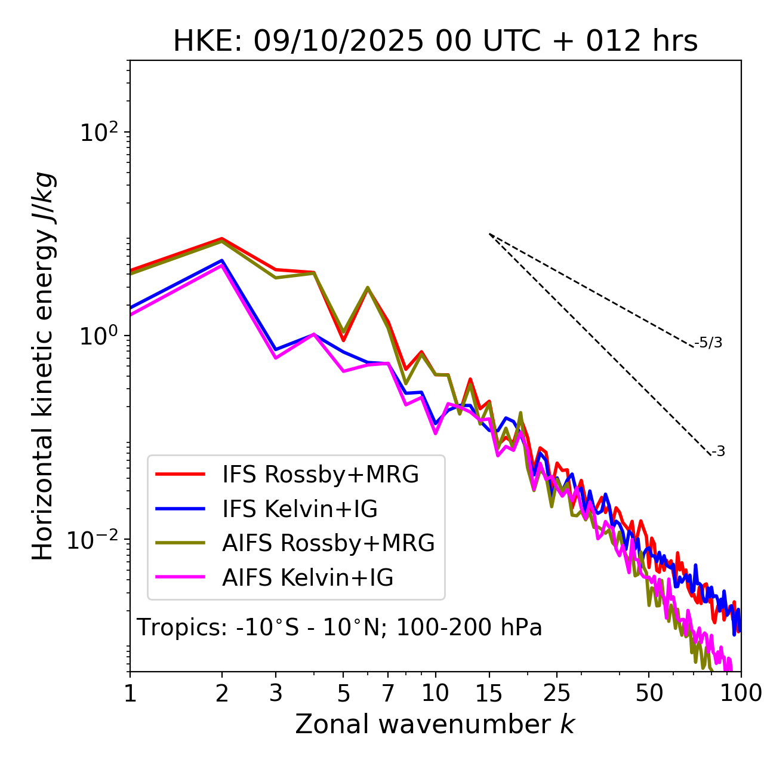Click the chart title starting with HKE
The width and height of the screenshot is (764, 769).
435,42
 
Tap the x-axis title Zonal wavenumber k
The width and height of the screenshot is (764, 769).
435,724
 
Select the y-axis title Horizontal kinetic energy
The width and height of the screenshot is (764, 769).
44,366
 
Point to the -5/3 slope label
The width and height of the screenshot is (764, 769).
708,343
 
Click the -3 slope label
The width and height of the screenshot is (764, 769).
718,451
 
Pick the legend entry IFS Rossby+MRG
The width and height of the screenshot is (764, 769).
320,475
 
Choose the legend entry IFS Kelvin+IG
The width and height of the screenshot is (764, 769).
300,509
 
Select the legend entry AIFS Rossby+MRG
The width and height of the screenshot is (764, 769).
328,543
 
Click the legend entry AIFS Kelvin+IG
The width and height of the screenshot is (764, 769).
307,578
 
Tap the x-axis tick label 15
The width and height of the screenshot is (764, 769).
489,693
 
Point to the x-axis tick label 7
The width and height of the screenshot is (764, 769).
388,693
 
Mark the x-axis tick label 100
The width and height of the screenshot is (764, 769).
741,693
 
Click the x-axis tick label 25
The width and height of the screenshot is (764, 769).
557,693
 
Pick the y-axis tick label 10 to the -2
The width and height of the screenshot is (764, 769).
94,540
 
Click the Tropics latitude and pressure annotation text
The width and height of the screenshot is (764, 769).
339,627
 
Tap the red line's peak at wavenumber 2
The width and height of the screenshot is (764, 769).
222,238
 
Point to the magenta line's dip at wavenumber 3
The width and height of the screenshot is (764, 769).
276,358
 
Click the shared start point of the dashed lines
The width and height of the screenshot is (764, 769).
489,234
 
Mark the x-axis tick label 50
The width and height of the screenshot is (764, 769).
649,693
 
